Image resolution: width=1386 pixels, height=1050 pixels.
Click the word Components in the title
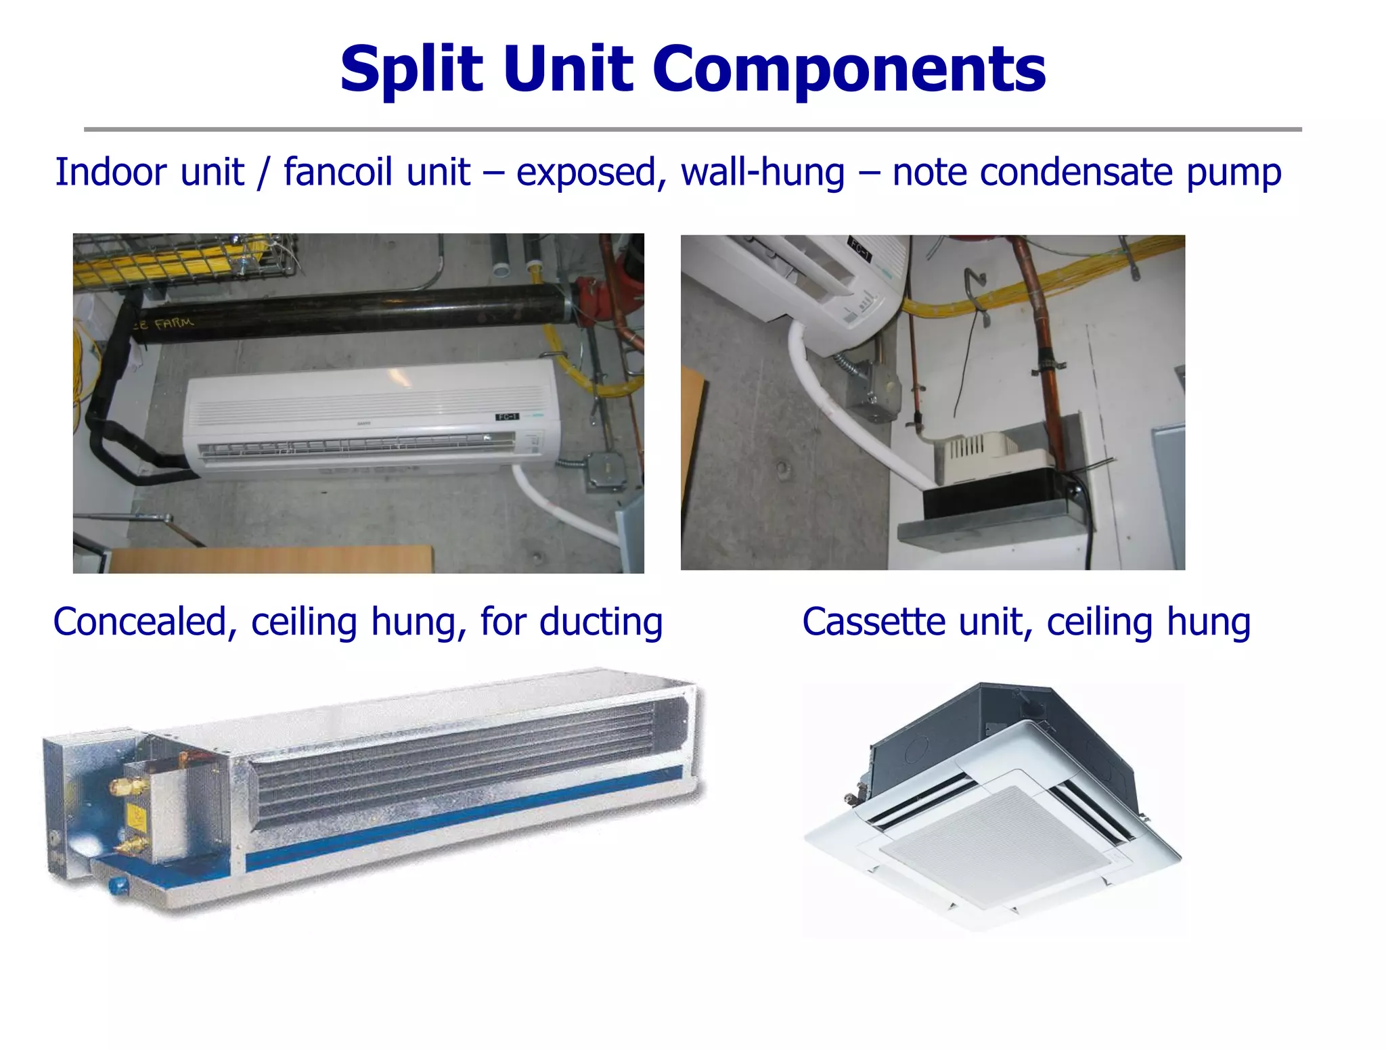tap(849, 70)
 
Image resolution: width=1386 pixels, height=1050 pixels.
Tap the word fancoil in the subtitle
tap(376, 172)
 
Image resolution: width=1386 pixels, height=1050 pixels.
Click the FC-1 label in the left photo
tap(507, 417)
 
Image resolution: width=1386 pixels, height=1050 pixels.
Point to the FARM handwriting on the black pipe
tap(174, 323)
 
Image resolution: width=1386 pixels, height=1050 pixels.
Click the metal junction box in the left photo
tap(607, 470)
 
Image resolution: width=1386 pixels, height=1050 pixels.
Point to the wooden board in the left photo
tap(271, 560)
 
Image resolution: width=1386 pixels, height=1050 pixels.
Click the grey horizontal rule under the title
tap(692, 129)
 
